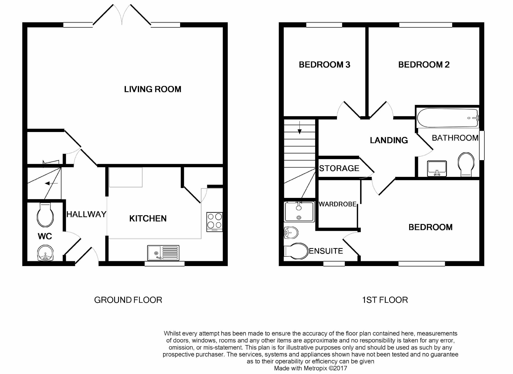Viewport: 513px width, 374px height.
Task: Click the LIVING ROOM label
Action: click(x=153, y=89)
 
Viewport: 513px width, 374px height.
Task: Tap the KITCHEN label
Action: click(x=148, y=218)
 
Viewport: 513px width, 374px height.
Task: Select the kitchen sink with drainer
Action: click(x=163, y=253)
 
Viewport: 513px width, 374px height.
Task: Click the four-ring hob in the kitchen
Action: click(x=215, y=222)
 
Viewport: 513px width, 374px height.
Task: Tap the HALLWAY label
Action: click(x=86, y=214)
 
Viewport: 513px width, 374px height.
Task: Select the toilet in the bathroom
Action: click(x=466, y=164)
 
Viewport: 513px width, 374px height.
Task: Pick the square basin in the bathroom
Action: click(x=437, y=168)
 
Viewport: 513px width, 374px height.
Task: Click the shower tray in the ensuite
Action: click(x=299, y=212)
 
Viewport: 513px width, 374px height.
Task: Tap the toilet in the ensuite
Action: click(x=296, y=251)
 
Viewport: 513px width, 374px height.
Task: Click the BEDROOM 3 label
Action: click(x=325, y=65)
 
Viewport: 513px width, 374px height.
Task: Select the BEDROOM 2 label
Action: click(x=424, y=65)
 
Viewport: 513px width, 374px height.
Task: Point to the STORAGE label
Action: click(x=339, y=168)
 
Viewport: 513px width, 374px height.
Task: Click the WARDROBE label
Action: click(x=338, y=204)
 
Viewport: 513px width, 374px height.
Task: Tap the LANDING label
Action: click(x=389, y=140)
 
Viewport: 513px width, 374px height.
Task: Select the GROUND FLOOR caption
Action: click(x=128, y=300)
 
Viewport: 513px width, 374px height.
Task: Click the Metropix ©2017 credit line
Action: click(x=311, y=368)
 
